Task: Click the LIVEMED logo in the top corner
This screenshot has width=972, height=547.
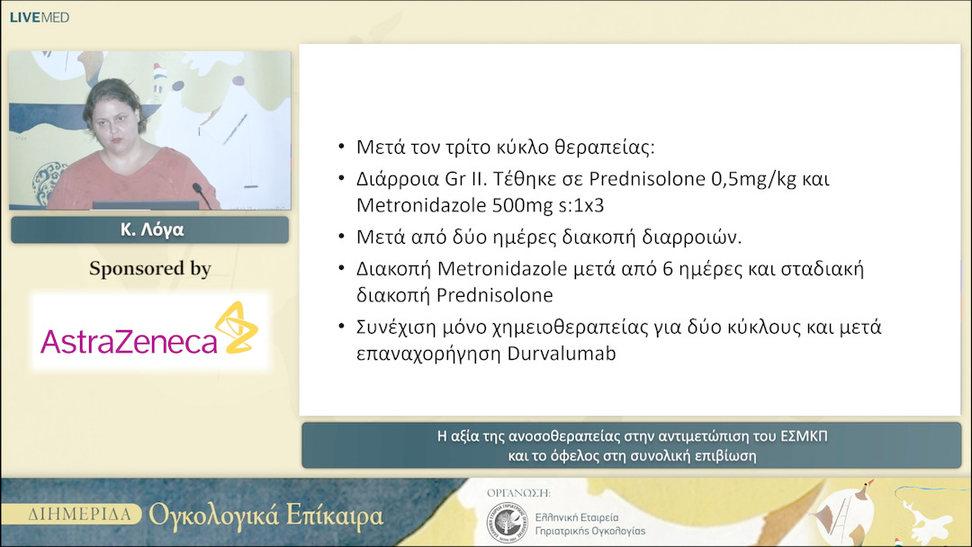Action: click(39, 17)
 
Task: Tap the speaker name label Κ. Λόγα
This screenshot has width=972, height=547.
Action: click(149, 229)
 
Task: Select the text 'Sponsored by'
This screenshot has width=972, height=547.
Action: click(149, 269)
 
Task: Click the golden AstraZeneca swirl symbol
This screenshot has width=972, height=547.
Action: click(236, 327)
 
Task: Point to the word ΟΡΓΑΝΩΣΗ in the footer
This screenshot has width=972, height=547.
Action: click(517, 494)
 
